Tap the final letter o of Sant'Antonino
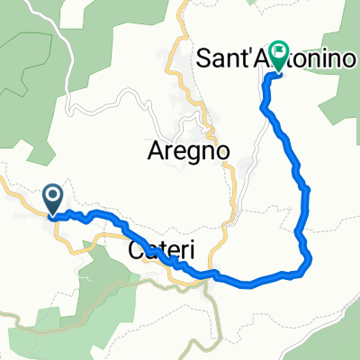coord(350,61)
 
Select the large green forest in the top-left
coord(27,72)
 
